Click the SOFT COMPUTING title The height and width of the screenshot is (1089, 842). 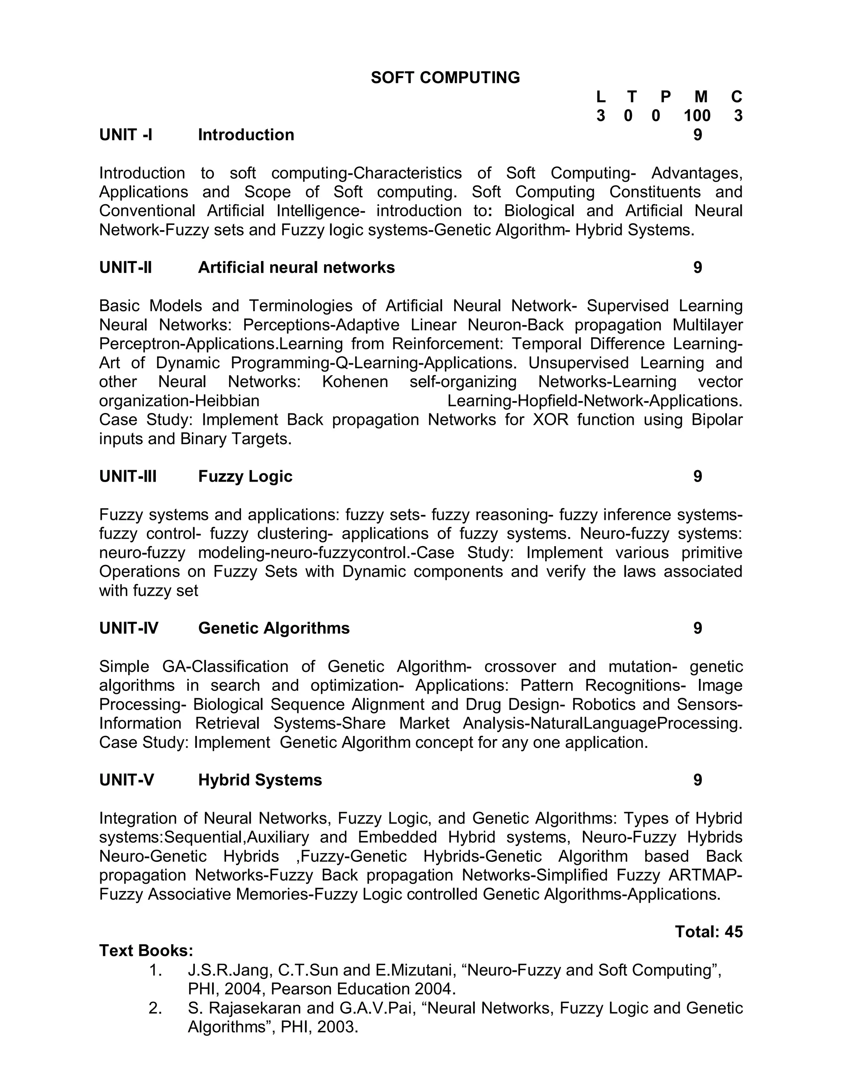[x=445, y=78]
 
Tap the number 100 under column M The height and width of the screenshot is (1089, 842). [x=697, y=116]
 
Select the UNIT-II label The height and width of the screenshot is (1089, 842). [x=125, y=268]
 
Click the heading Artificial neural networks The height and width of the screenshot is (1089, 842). [x=296, y=268]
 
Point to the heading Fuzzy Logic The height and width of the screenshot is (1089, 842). [x=245, y=476]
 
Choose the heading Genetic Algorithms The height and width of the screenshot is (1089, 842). [x=274, y=628]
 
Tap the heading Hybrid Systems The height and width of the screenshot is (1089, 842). [x=260, y=780]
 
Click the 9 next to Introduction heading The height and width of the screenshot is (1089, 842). [x=697, y=135]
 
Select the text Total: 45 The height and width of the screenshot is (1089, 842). [x=708, y=932]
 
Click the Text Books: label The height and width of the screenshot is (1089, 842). [x=146, y=951]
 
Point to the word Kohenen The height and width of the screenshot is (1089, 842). [x=355, y=382]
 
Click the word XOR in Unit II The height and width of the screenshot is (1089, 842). [x=551, y=420]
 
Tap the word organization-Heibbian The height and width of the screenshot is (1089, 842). [x=179, y=401]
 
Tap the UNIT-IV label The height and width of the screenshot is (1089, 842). [x=129, y=628]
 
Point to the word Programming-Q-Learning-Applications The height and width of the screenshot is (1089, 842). [x=374, y=363]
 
